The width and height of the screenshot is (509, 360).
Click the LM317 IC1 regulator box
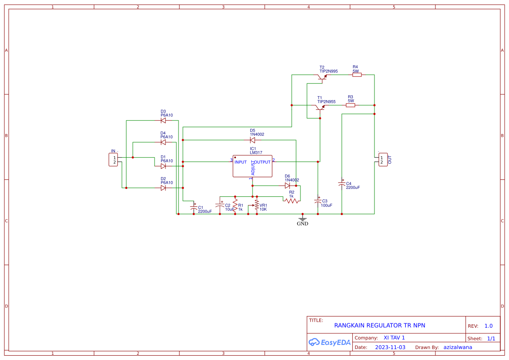pos(252,166)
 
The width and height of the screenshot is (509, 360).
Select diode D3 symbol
pos(163,121)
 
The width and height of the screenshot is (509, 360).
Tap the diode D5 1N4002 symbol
pos(253,140)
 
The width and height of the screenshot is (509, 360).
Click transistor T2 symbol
pos(322,77)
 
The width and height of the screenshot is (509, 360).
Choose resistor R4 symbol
pos(357,75)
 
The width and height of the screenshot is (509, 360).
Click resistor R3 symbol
pos(351,105)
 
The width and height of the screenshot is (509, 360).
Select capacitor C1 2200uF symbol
pos(194,208)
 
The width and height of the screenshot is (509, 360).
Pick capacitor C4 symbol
pos(342,185)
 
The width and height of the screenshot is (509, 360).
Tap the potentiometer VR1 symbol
pos(256,206)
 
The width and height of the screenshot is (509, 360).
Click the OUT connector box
pos(383,160)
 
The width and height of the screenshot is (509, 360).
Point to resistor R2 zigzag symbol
pos(293,201)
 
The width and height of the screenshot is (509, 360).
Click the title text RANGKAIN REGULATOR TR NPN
pos(379,325)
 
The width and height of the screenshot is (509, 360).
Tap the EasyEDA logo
pos(330,342)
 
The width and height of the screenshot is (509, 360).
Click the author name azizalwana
pos(458,347)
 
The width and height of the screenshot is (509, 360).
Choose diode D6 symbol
pos(287,185)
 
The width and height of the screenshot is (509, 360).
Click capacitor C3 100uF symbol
pos(318,202)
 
